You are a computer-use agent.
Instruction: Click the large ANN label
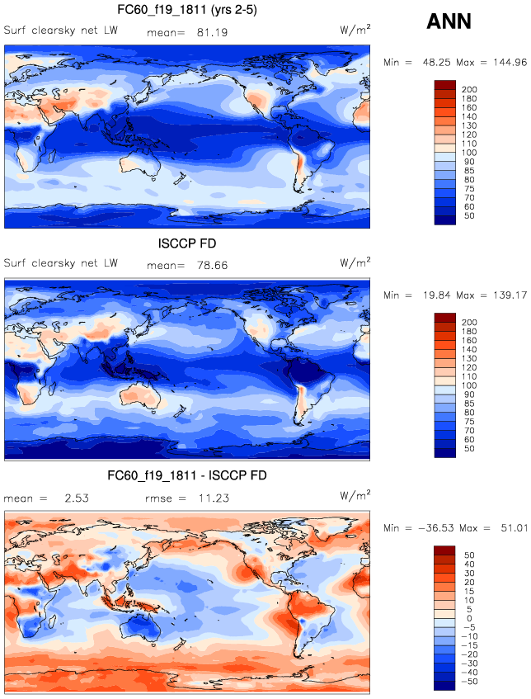[x=449, y=21]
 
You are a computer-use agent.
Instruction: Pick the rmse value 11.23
[x=213, y=498]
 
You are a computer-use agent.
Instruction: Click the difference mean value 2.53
[x=76, y=498]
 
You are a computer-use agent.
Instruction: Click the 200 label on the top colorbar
[x=469, y=89]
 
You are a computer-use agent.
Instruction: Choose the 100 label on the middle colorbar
[x=469, y=385]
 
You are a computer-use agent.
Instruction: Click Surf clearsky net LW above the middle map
[x=61, y=263]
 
